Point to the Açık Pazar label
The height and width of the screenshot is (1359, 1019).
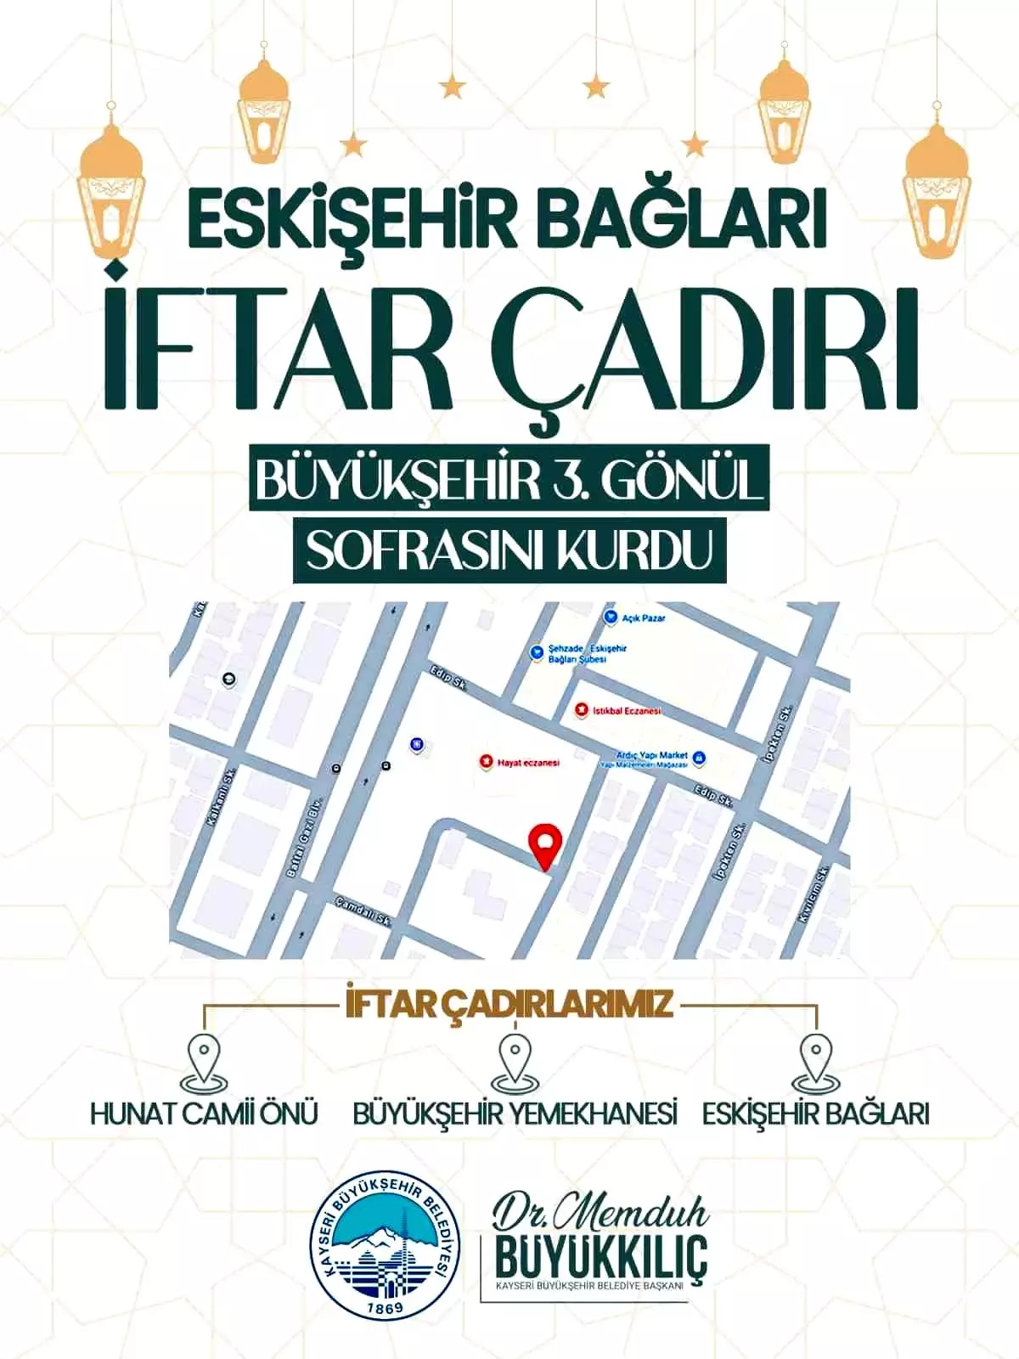[644, 617]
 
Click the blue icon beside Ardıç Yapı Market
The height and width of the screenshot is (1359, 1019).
[699, 756]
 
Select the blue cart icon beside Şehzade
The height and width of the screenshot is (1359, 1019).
[536, 652]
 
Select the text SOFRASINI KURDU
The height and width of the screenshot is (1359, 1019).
[509, 551]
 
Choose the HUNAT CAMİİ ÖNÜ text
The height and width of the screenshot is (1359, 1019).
[205, 1114]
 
